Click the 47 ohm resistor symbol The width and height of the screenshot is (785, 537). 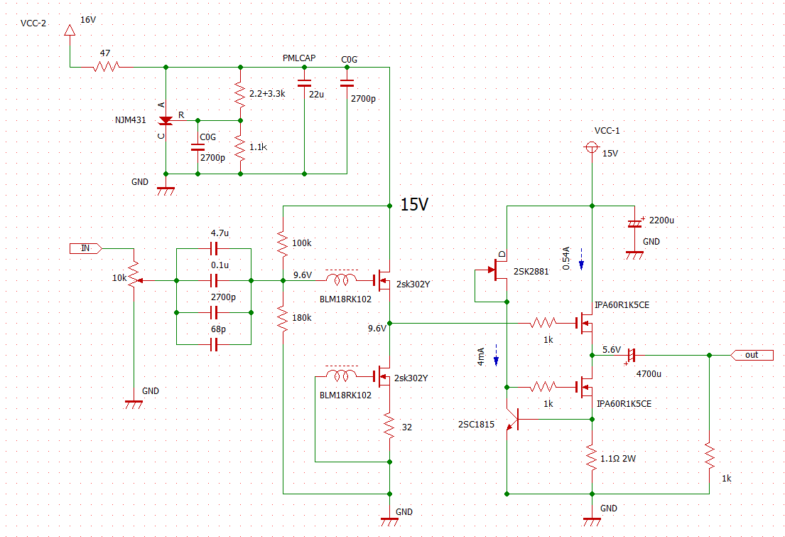(x=106, y=67)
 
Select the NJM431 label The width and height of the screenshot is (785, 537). (x=130, y=120)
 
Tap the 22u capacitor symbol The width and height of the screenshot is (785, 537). (x=304, y=83)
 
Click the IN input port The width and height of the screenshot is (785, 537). (x=86, y=248)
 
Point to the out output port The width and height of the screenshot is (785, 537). (x=752, y=355)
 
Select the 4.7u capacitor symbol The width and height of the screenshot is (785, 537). (x=214, y=248)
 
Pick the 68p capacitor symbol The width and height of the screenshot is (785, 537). (x=214, y=344)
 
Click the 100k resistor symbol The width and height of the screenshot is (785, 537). (x=283, y=244)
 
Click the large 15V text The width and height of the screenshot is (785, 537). (x=415, y=204)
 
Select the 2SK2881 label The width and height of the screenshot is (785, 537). (x=531, y=271)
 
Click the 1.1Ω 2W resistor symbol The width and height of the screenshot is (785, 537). (x=592, y=457)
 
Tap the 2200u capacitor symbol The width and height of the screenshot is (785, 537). (x=635, y=223)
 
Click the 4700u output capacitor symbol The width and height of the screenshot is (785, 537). (x=630, y=356)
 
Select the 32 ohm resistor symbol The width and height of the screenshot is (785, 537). (x=389, y=426)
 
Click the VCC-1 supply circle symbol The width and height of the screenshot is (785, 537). (x=592, y=147)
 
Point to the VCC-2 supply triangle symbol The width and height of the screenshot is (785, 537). (x=70, y=30)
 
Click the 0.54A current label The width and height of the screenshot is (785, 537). (x=566, y=258)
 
